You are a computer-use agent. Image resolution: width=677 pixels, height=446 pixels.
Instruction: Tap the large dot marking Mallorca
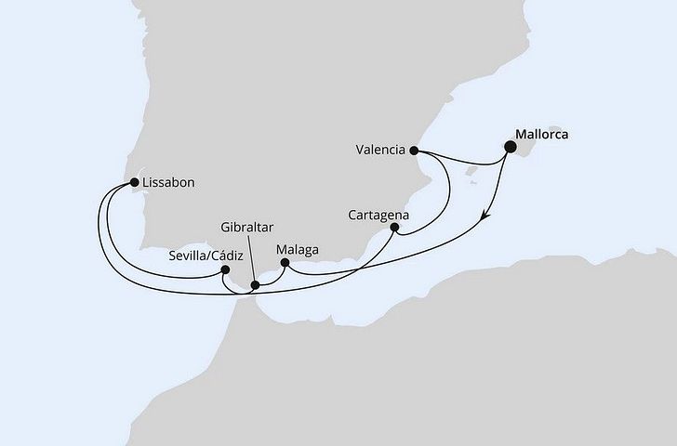click(509, 146)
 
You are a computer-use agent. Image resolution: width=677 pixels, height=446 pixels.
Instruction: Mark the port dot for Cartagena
click(395, 227)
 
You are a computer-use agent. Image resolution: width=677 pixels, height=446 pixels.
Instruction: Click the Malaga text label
click(298, 249)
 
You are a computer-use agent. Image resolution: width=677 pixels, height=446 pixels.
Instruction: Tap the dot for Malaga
click(285, 264)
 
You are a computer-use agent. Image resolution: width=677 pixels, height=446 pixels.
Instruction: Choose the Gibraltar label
click(247, 226)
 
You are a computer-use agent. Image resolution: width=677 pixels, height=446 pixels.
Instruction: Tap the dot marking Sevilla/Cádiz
click(225, 270)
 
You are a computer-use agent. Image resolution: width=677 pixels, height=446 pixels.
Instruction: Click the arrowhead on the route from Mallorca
click(485, 219)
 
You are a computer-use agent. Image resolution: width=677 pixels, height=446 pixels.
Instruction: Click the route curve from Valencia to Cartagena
click(449, 190)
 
